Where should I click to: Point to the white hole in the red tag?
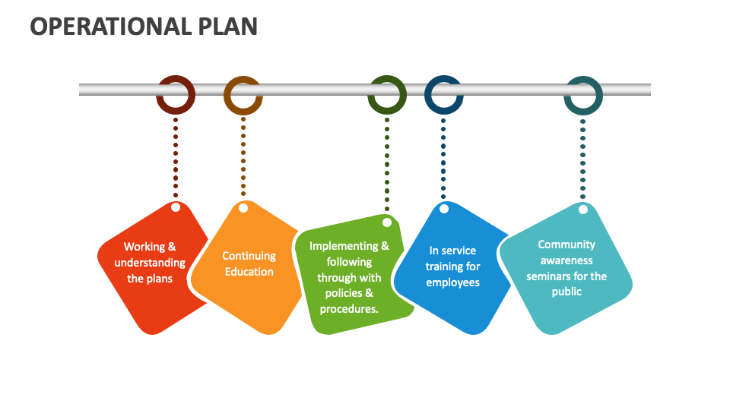pos(176,207)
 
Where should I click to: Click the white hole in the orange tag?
pos(243,208)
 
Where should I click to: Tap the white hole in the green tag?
pos(387,222)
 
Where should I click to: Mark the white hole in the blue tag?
pos(444,208)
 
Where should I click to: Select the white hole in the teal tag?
pos(583,210)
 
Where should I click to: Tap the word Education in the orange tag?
pos(249,272)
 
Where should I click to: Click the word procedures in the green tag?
pos(348,309)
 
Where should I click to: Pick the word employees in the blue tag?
pos(452,282)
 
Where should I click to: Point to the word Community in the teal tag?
pos(567,244)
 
